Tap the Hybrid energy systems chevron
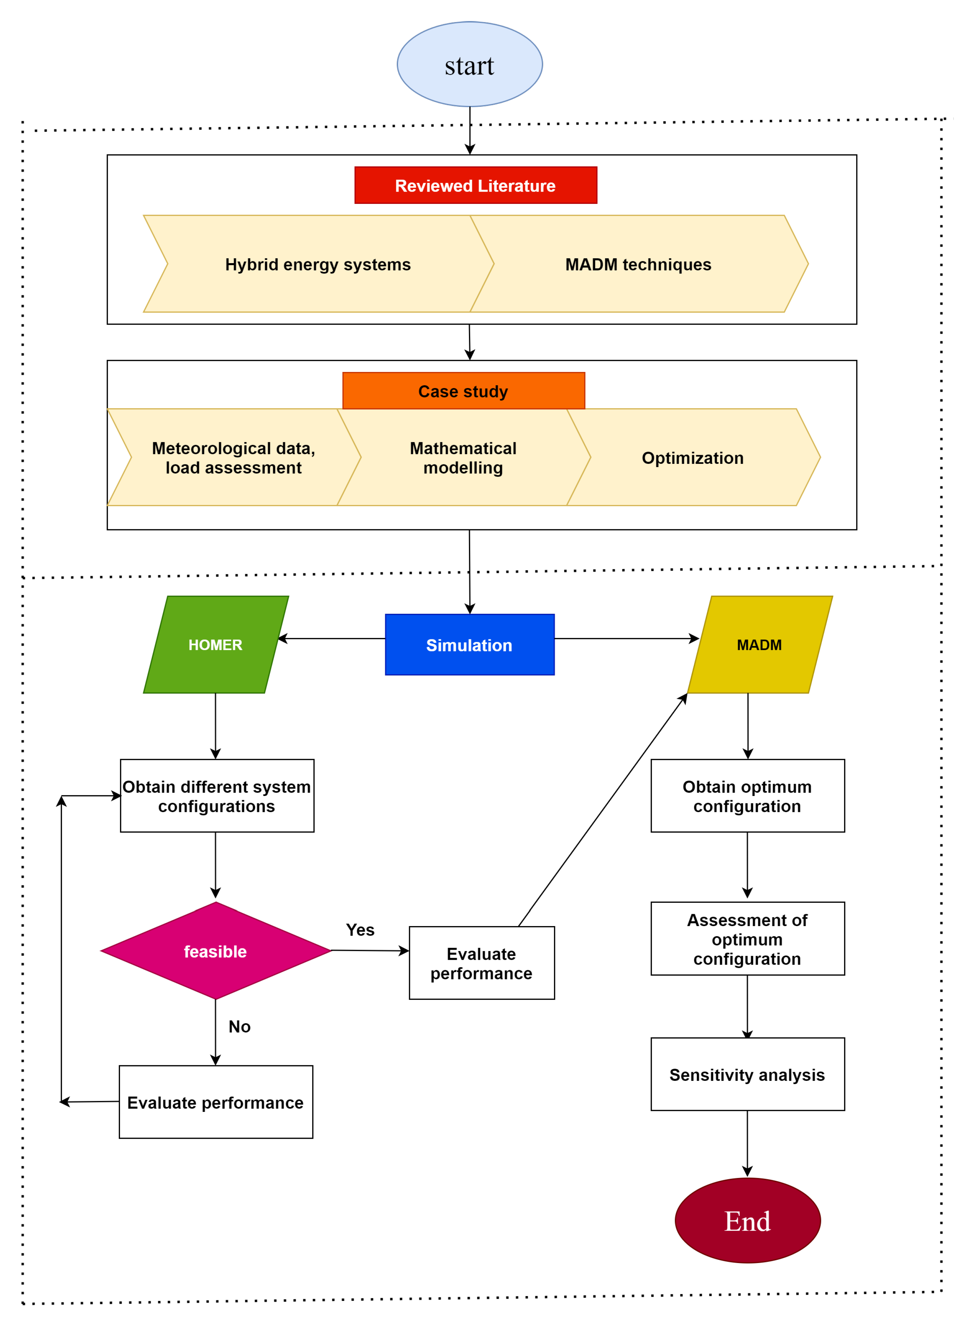coord(318,264)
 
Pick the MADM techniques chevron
coord(638,264)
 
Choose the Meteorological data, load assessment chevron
coord(234,457)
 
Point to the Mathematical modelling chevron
coord(463,457)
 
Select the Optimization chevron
coord(693,457)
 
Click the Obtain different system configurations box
coord(217,796)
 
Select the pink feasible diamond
coord(216,951)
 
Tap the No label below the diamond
coord(239,1026)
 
